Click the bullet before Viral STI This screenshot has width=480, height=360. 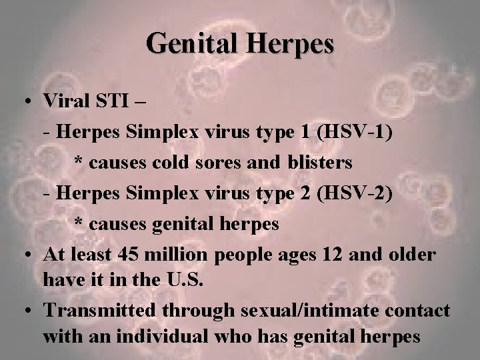tap(24, 103)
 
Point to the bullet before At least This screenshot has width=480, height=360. tap(24, 255)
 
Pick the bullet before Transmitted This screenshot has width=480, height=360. tap(24, 311)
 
